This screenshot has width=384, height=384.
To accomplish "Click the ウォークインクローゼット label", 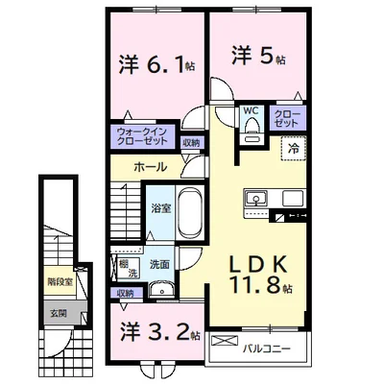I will click(142, 137).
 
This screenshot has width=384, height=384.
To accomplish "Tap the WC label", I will click(251, 110).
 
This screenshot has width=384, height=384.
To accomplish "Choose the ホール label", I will click(150, 167).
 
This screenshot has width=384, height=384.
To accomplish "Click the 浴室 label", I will click(160, 208).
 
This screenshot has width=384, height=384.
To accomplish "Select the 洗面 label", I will click(159, 263).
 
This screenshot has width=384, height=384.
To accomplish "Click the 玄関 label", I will click(60, 313).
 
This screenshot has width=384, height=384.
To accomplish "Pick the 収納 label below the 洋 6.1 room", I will click(192, 143).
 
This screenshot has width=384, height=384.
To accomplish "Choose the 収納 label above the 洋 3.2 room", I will click(126, 294).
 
